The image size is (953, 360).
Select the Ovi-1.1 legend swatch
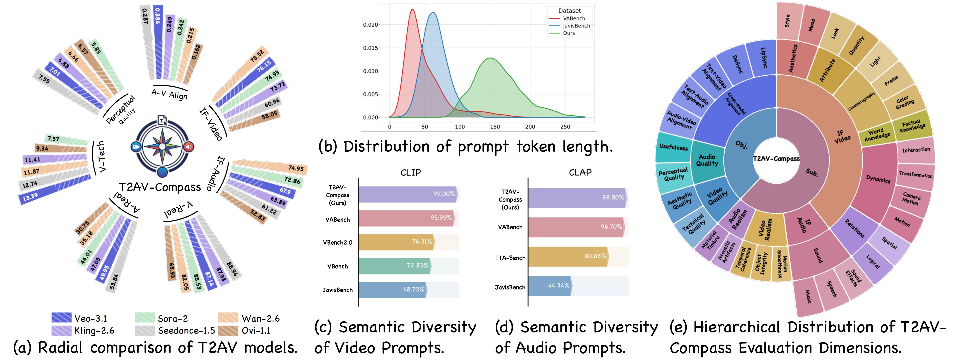[x=228, y=330]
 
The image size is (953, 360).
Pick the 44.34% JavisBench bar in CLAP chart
[x=549, y=286]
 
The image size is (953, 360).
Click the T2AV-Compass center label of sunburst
[x=776, y=159]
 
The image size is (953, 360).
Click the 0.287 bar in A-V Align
[x=146, y=44]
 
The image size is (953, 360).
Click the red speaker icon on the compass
[x=189, y=147]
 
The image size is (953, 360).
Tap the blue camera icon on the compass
[x=136, y=147]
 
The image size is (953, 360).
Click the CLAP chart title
[x=580, y=172]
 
